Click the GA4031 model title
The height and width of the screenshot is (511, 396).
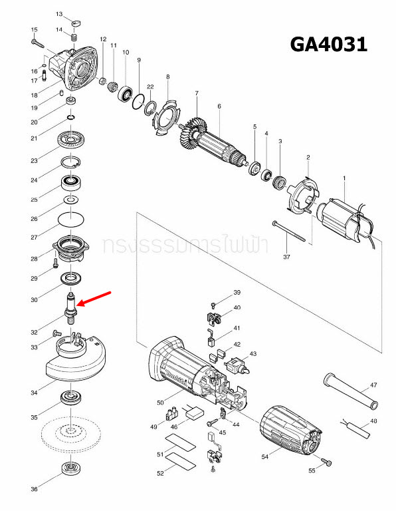click(328, 45)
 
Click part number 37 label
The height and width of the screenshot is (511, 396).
click(286, 256)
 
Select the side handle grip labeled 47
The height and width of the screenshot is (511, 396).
click(350, 391)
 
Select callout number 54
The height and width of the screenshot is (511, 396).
click(265, 457)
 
